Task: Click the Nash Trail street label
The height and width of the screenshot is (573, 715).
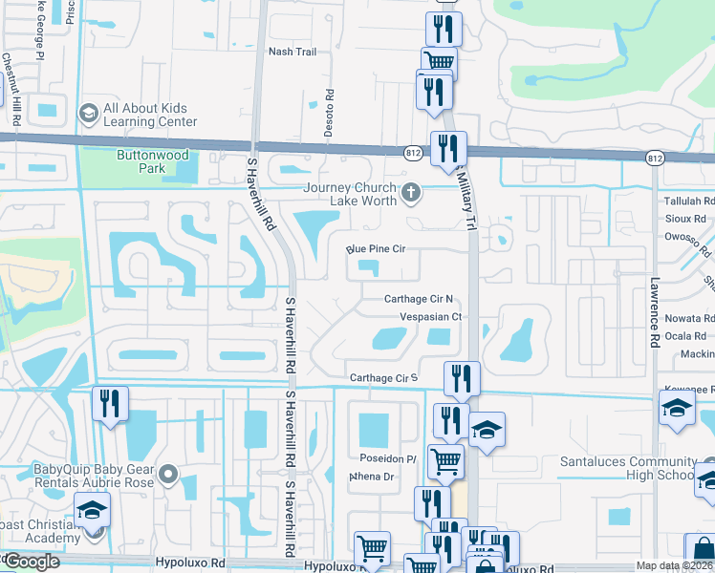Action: tap(292, 52)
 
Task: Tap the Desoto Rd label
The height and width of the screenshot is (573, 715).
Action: tap(328, 114)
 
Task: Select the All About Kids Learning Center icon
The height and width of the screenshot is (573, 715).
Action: tap(89, 114)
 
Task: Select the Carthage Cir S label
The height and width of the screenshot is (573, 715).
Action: tap(383, 378)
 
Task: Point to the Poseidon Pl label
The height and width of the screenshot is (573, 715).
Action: tap(386, 458)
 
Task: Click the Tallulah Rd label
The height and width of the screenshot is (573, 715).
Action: tap(689, 202)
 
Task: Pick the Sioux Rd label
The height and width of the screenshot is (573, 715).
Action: tap(685, 219)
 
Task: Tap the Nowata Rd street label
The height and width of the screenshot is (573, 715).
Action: tap(688, 318)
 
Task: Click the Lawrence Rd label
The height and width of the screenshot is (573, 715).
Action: tap(655, 313)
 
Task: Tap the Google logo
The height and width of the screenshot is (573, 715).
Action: tap(32, 561)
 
